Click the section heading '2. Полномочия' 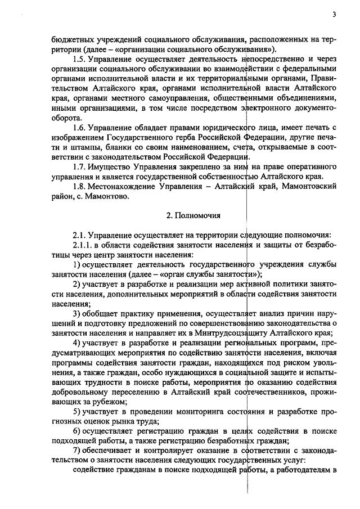pyautogui.click(x=194, y=215)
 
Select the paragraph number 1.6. pyautogui.click(x=81, y=125)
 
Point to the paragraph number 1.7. pyautogui.click(x=81, y=167)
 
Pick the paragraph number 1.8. pyautogui.click(x=81, y=187)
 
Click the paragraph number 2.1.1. pyautogui.click(x=84, y=245)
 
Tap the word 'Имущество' pyautogui.click(x=110, y=167)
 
